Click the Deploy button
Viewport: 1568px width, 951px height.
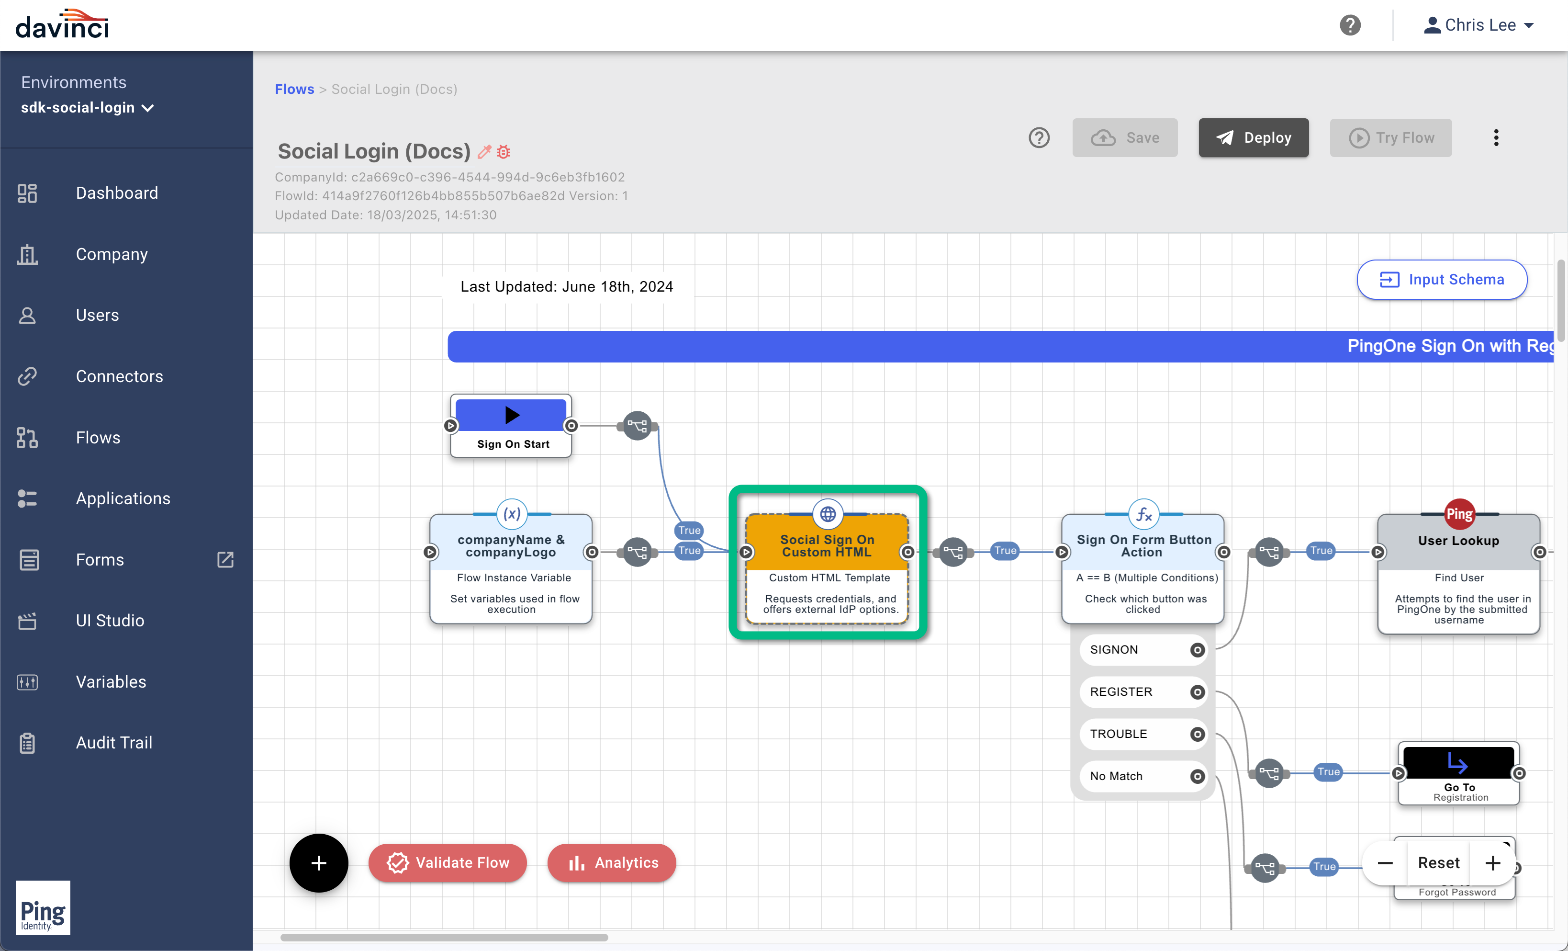tap(1253, 137)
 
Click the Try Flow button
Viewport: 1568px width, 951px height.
tap(1390, 137)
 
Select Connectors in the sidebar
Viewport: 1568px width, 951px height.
tap(119, 376)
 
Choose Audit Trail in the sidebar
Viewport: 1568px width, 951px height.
tap(114, 742)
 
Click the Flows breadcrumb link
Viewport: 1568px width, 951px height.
tap(294, 89)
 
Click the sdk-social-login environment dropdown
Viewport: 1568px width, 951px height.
tap(87, 108)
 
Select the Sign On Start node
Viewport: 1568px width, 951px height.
tap(511, 426)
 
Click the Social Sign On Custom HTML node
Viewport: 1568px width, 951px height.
tap(827, 563)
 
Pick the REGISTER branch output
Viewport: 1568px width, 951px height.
tap(1197, 692)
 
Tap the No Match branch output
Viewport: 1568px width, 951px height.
tap(1197, 776)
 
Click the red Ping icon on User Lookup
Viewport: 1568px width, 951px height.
tap(1459, 514)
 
